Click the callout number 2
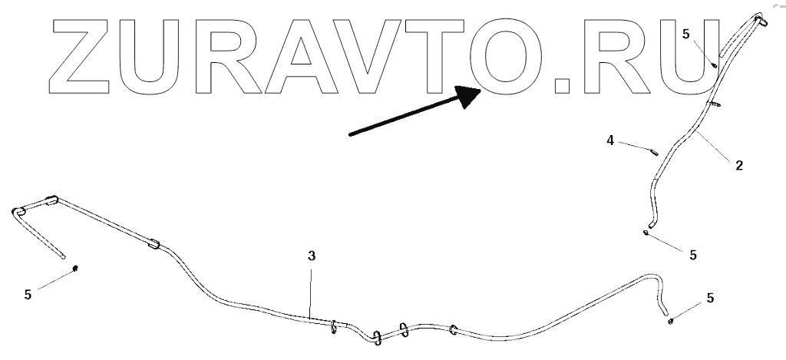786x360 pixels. (738, 164)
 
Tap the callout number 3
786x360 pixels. (311, 256)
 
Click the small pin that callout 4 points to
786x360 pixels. (654, 152)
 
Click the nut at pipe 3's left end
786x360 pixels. (77, 268)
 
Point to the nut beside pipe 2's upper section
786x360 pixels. (715, 65)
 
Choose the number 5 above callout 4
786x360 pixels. (686, 34)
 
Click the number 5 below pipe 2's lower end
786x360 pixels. (693, 255)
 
